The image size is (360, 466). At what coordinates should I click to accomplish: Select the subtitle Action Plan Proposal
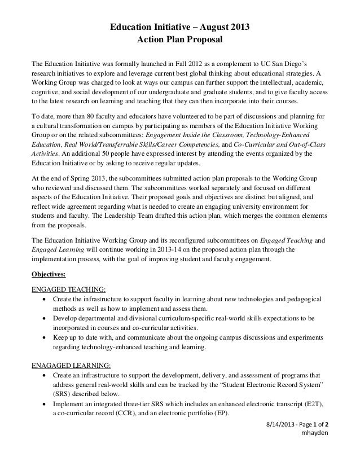point(180,41)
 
